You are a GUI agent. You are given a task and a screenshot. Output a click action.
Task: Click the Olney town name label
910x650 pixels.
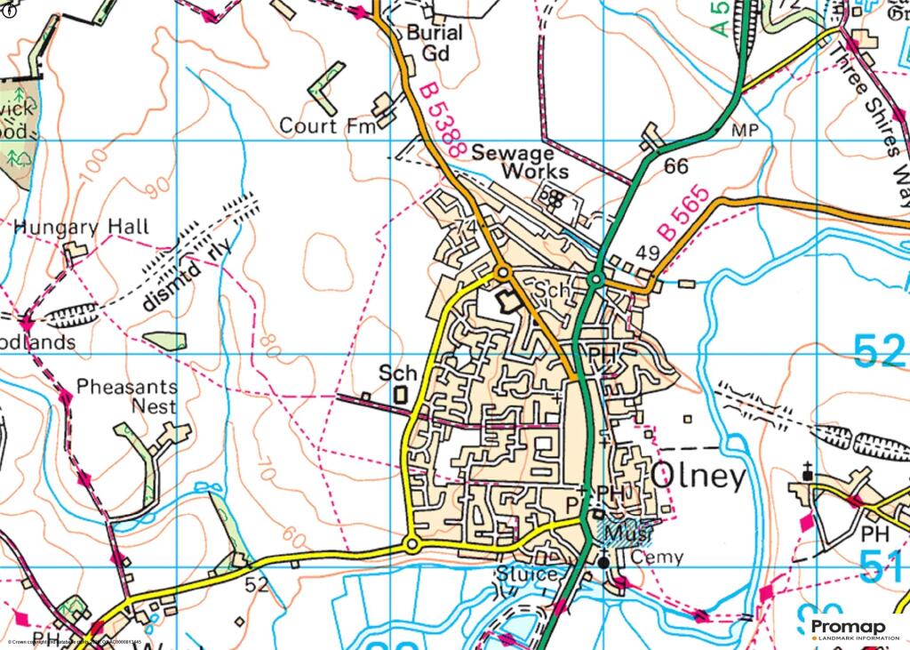pos(699,477)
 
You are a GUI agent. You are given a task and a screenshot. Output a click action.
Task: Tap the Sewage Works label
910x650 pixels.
pos(520,161)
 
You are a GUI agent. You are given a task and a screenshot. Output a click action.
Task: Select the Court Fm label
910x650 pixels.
pos(322,126)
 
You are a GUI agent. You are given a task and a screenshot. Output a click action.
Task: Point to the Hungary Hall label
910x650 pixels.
pos(82,227)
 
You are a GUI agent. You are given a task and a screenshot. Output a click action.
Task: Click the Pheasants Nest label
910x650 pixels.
pos(126,397)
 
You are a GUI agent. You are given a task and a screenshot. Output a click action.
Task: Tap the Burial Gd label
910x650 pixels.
pos(435,43)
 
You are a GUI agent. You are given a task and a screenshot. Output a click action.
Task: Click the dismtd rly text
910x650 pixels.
pos(185,277)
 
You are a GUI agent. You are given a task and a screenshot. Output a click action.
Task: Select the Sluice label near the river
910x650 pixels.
pos(530,574)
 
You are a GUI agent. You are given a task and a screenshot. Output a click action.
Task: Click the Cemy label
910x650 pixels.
pos(657,558)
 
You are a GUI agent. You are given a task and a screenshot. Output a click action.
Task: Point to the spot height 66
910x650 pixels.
pos(676,166)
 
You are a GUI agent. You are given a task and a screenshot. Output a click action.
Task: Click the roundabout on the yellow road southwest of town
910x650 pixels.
pos(411,543)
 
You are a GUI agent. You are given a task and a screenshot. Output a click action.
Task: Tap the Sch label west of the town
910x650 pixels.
pos(397,373)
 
